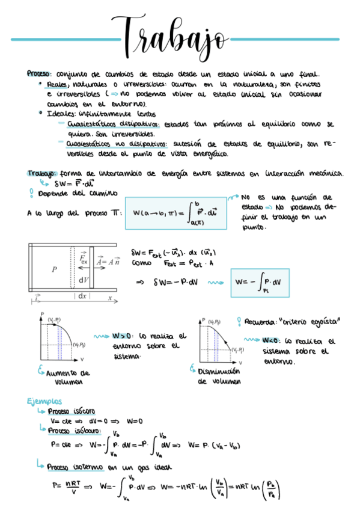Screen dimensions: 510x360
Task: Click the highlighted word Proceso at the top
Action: [40, 73]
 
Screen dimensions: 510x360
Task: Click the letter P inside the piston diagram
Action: [53, 270]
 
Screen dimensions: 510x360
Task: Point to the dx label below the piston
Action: [82, 296]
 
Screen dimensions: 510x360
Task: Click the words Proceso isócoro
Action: [71, 411]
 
